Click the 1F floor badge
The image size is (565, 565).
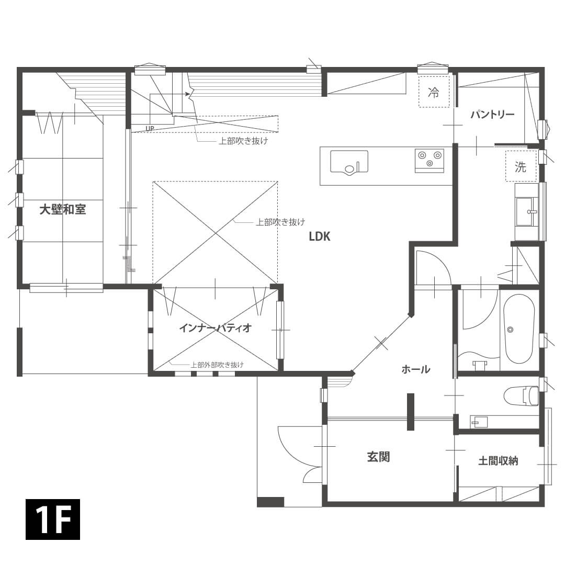coord(53,519)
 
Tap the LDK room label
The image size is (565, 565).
coord(319,236)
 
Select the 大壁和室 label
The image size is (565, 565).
coord(63,210)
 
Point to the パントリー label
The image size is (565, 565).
coord(492,115)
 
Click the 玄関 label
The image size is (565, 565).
coord(378,457)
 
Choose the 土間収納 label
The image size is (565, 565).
coord(498,461)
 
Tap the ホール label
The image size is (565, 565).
coord(416,369)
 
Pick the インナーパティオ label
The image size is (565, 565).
coord(215,328)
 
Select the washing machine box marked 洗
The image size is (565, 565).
coord(521,167)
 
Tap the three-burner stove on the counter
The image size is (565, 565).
coord(430,160)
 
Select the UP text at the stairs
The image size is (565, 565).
coord(150,128)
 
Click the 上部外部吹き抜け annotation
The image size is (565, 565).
coord(217,365)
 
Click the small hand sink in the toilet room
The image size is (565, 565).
coord(480,421)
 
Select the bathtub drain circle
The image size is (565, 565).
coord(510,329)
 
